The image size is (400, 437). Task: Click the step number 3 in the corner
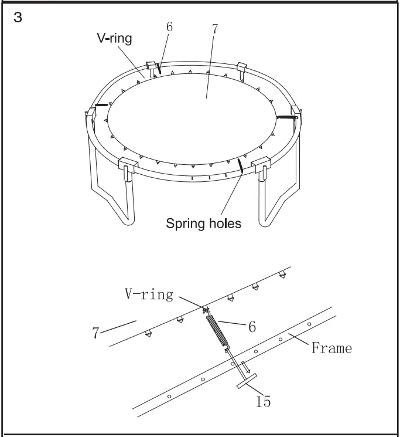tap(18, 18)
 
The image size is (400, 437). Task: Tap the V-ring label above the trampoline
tap(114, 38)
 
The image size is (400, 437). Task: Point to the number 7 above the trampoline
tap(215, 29)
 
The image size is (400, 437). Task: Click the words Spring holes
tap(203, 223)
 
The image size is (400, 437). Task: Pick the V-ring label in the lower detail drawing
tap(148, 294)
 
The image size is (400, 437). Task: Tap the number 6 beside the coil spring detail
tap(252, 327)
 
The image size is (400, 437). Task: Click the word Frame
tap(331, 348)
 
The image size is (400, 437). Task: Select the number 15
tap(263, 401)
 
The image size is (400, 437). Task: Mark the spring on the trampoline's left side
tap(102, 105)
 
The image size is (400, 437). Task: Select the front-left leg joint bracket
tap(127, 167)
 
